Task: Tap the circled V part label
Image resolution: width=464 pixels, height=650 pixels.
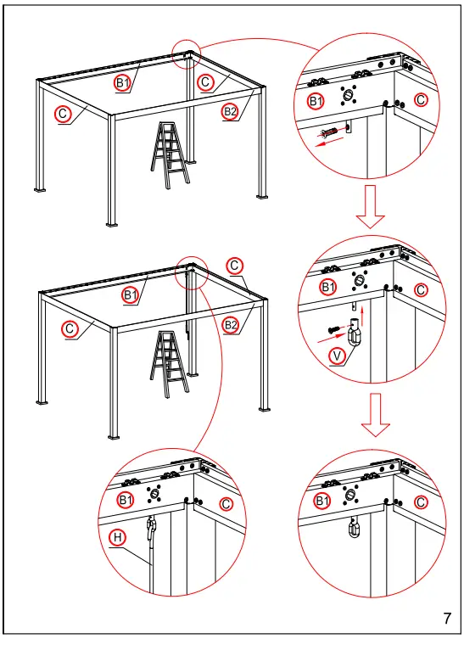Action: tap(338, 356)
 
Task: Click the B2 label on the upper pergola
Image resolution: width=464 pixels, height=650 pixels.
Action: tap(230, 111)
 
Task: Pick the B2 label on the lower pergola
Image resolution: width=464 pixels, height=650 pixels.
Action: tap(230, 325)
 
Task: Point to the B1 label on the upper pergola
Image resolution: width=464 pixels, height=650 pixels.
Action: tap(123, 82)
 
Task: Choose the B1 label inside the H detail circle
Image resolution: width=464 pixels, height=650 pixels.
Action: tap(125, 501)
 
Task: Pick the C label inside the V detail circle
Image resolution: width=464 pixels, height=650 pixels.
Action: tap(421, 290)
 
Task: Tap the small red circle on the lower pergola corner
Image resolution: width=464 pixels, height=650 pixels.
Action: tap(192, 273)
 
